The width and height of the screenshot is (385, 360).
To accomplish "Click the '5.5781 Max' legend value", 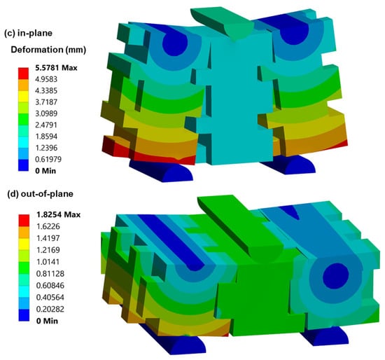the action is coord(56,67).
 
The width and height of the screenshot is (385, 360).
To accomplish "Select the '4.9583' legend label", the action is coord(46,79).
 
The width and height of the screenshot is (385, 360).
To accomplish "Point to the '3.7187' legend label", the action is coord(46,102).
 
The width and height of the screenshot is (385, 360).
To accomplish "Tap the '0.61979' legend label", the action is coord(48,159).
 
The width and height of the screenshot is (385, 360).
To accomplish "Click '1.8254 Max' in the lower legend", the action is coord(58,214).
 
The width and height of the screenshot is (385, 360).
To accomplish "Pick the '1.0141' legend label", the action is coord(48,262).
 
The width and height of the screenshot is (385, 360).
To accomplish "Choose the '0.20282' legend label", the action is coord(50,309).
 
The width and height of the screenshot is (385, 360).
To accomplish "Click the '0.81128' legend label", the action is coord(50,273).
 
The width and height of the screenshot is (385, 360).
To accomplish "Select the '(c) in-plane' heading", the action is coord(28,33).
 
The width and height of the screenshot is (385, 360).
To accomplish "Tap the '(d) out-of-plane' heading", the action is coord(41,194).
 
